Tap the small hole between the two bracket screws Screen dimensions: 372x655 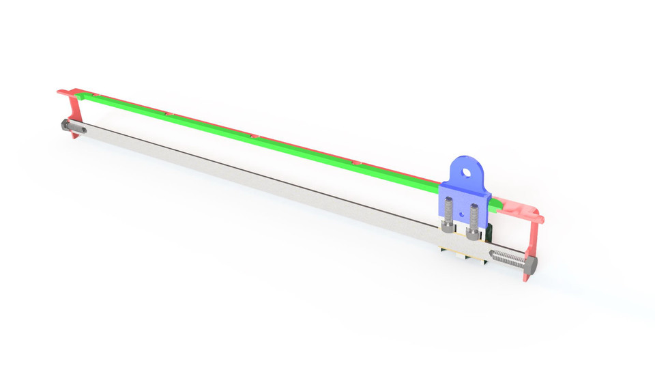[x=461, y=214]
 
